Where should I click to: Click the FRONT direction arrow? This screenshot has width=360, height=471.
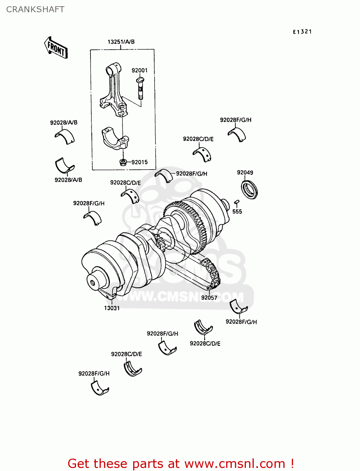click(56, 48)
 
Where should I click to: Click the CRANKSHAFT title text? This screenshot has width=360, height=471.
click(35, 9)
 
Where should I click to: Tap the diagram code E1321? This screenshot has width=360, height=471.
click(302, 32)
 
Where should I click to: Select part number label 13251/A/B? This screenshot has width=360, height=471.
click(121, 42)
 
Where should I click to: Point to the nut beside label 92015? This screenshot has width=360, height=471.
click(123, 162)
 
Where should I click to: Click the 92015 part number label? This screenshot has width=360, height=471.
click(139, 162)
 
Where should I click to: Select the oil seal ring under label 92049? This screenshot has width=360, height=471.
click(249, 189)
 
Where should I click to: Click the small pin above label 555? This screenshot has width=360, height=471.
click(237, 202)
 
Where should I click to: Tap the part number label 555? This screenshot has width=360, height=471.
click(237, 212)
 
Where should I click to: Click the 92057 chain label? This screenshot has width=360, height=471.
click(209, 297)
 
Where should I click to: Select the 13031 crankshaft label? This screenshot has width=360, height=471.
click(112, 308)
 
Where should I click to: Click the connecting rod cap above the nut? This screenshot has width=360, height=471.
click(115, 138)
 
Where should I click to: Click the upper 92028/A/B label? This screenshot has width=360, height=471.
click(64, 122)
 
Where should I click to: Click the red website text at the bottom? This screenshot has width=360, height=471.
click(181, 463)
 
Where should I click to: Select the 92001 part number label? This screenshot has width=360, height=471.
click(139, 70)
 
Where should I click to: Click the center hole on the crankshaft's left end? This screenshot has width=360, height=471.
click(93, 283)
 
